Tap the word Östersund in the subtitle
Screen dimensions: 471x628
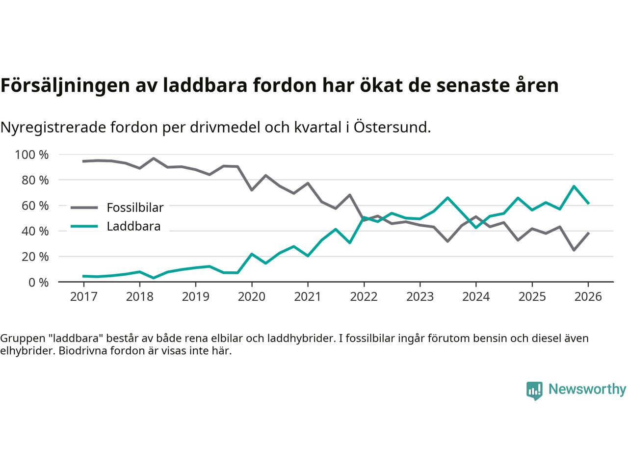[392, 127]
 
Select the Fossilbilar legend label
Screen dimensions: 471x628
[135, 208]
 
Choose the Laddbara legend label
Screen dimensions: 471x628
[133, 226]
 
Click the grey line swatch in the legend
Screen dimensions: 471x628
[84, 208]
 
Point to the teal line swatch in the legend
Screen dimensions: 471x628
[84, 226]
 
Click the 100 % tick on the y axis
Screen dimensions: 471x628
[32, 155]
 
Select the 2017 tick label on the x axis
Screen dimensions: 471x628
[83, 296]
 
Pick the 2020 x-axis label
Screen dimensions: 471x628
[252, 296]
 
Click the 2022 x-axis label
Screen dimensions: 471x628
[364, 296]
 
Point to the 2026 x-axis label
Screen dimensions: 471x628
[588, 296]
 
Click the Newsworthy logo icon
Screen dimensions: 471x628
[534, 391]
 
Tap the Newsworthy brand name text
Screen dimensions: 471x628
[587, 389]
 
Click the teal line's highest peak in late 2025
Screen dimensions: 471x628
[574, 186]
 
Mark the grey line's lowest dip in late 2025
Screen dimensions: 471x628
[574, 250]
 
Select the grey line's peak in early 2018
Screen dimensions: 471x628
[154, 158]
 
